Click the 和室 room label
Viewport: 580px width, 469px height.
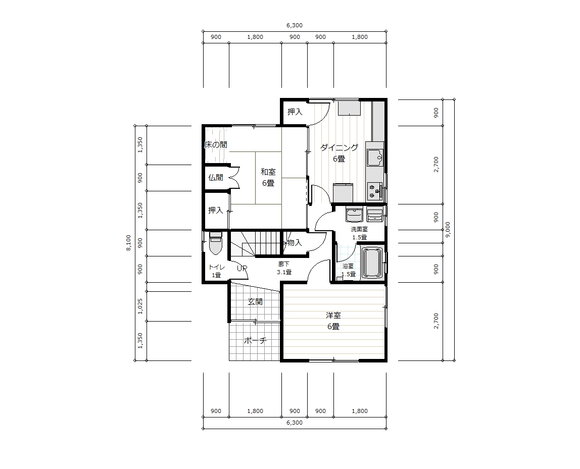pos(268,172)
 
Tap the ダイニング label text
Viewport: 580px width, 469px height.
pos(339,148)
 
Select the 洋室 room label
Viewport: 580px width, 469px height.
pos(333,316)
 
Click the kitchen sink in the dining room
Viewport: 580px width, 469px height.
pos(375,158)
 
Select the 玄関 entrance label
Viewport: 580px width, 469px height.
pos(255,302)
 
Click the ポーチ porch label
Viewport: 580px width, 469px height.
pos(255,341)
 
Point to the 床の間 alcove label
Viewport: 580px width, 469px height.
pos(216,145)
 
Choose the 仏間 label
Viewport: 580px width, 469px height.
pos(216,178)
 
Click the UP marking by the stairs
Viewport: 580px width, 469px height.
pos(242,268)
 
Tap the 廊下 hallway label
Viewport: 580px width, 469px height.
pos(284,264)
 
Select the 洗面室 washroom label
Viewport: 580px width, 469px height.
pos(359,230)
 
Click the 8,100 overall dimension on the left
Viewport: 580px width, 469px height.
pos(128,243)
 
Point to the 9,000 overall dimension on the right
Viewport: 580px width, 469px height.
pos(448,230)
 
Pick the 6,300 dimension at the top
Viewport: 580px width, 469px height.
pos(295,26)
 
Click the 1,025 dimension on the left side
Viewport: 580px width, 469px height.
pos(140,306)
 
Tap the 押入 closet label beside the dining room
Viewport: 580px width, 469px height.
pos(295,112)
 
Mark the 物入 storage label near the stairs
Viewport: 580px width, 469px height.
pos(293,243)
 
